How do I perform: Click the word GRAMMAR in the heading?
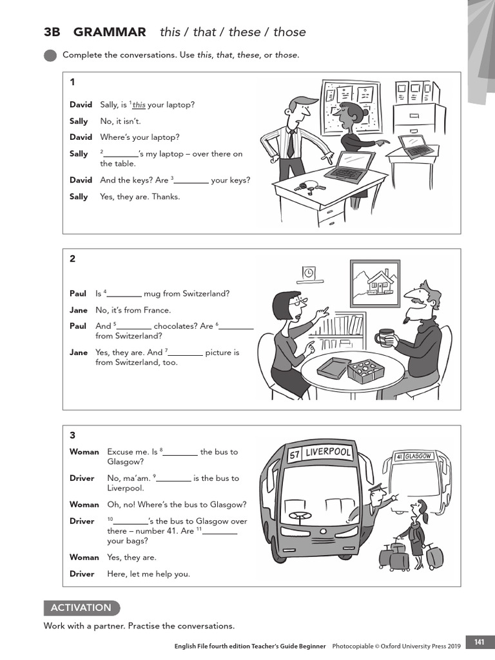tap(110, 32)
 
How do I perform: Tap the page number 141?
tap(479, 642)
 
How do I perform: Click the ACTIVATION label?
tap(81, 608)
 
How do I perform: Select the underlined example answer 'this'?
tap(139, 105)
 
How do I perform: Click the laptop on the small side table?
tap(416, 147)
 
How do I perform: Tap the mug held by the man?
tap(385, 337)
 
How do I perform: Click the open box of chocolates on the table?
tap(365, 371)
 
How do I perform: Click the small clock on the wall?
tap(309, 273)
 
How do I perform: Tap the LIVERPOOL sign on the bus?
tap(329, 453)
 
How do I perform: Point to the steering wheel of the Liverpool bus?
tap(298, 516)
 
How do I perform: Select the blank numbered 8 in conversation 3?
tap(180, 452)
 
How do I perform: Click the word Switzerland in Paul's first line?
tap(204, 294)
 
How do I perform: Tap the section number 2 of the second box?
tap(73, 258)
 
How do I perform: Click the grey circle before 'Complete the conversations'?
tap(50, 55)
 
